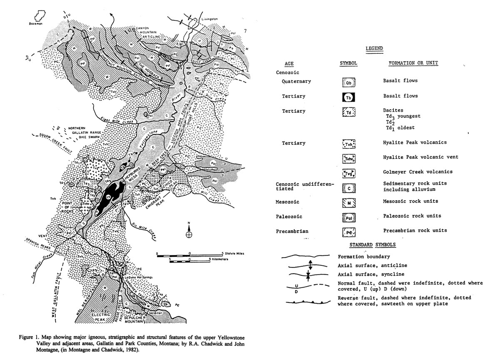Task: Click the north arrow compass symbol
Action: tap(189, 232)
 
